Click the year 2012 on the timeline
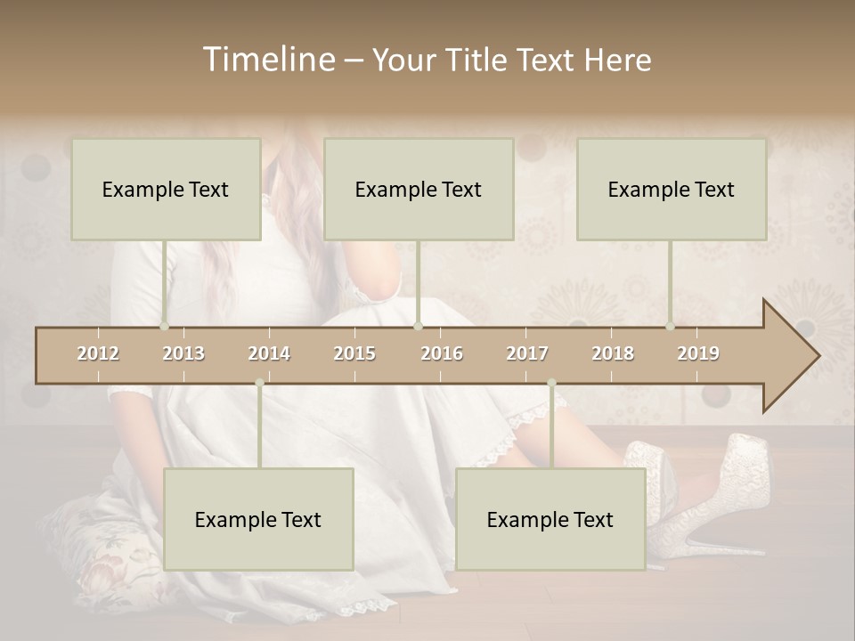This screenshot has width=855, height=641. (98, 353)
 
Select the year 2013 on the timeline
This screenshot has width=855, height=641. (183, 353)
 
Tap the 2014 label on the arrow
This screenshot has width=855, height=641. (269, 353)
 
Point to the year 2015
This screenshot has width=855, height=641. (354, 353)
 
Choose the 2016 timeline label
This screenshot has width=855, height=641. (442, 353)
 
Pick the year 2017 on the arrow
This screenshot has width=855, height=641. (527, 353)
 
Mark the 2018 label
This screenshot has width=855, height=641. (613, 353)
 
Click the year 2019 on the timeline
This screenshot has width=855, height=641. (698, 353)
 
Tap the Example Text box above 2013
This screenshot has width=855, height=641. (166, 189)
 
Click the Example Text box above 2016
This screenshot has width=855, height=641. (419, 189)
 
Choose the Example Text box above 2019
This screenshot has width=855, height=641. (672, 189)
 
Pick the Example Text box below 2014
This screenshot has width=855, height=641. (258, 519)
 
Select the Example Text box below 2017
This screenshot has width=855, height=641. (550, 519)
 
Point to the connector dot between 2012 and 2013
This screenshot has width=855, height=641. (164, 327)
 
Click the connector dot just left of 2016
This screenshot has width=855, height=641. (418, 327)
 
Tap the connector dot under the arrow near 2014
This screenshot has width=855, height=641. (259, 383)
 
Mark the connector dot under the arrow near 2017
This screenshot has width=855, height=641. (551, 383)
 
